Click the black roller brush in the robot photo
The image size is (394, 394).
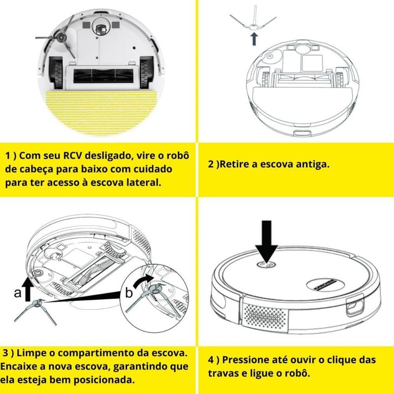click(102, 76)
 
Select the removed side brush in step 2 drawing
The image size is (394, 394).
click(253, 21)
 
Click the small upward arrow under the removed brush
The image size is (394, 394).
click(254, 39)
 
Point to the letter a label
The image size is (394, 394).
click(18, 293)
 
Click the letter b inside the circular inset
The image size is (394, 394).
click(129, 293)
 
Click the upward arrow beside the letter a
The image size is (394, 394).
click(27, 289)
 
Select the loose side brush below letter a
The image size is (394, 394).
click(35, 310)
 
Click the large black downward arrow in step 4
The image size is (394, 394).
click(266, 241)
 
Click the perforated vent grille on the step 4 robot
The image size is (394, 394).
click(265, 317)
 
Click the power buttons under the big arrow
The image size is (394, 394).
click(266, 264)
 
